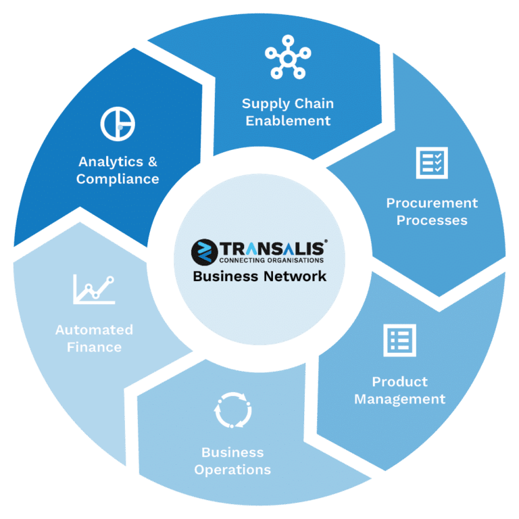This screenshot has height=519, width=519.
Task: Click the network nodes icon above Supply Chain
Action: coord(288,59)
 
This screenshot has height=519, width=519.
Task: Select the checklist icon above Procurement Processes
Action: coord(432,163)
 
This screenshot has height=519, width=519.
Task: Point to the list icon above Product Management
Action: coord(400,341)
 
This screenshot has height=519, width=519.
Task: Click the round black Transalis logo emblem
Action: coord(205,252)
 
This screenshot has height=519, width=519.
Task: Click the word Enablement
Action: coord(288,121)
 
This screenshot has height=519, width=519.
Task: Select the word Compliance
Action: coord(118,179)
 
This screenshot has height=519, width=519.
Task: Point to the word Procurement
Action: coord(432,203)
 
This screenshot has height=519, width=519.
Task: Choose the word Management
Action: coord(400,399)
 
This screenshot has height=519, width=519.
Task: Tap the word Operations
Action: coord(232,470)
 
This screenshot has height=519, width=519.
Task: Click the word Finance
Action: coord(95,347)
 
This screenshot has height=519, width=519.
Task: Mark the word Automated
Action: coord(95,330)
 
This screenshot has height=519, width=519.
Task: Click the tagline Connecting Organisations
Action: coord(272,260)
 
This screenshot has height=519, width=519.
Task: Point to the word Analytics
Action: coord(111,162)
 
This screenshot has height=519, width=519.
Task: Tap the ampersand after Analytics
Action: coord(153,162)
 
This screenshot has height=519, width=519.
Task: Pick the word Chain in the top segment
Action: coord(314,103)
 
